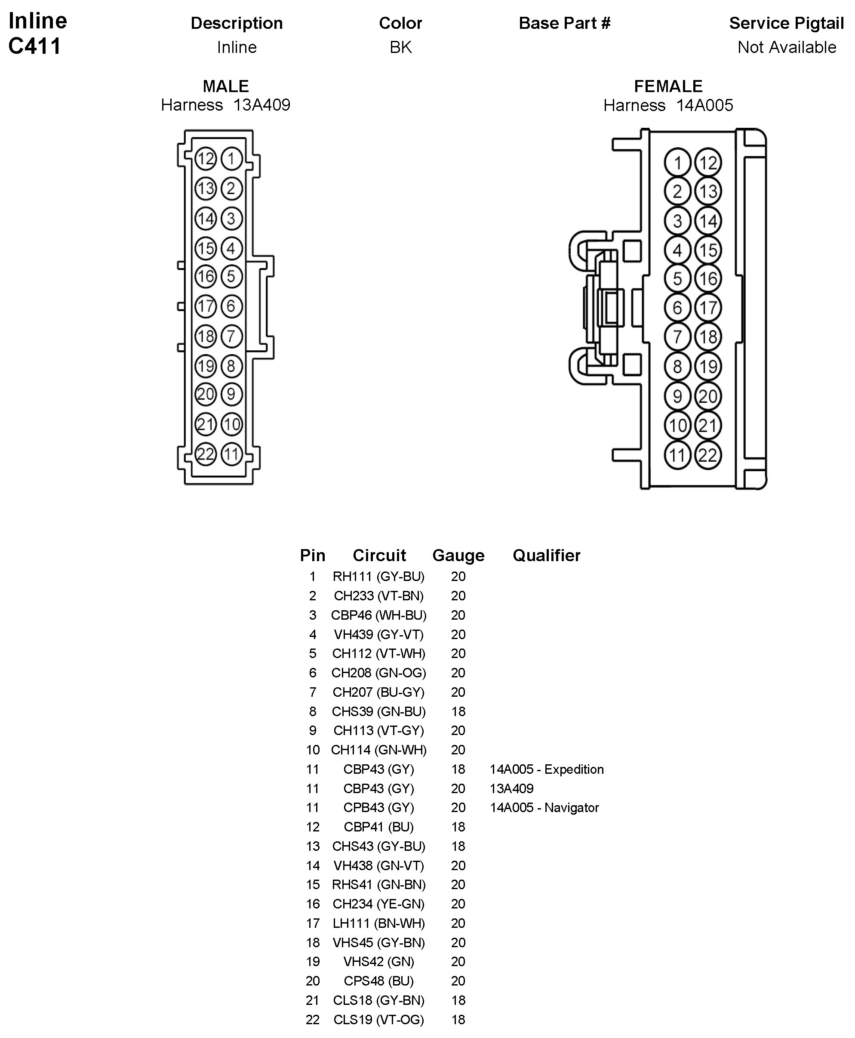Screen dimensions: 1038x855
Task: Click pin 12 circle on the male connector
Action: point(206,159)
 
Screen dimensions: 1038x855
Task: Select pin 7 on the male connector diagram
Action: point(231,336)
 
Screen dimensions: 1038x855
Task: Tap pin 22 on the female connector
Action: point(708,455)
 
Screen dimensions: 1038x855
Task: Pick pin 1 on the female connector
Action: point(678,163)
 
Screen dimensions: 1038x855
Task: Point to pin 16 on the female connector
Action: point(708,279)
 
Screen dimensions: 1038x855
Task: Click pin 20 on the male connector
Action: point(206,394)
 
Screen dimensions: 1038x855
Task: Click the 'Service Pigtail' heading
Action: point(786,23)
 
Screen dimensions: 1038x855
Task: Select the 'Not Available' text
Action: point(787,47)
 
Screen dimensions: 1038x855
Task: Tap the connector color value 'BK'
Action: point(400,47)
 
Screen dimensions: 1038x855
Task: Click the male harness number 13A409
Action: point(261,105)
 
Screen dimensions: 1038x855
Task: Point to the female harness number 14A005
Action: point(704,105)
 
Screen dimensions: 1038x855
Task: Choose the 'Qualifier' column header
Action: point(546,556)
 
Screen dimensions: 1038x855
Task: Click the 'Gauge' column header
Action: point(458,556)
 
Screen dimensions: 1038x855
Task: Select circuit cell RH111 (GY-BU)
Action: point(378,576)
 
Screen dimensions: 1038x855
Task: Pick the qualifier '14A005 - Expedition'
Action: point(546,769)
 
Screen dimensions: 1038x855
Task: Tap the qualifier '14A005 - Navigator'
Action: point(544,807)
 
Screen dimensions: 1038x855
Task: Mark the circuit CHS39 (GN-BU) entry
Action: point(378,711)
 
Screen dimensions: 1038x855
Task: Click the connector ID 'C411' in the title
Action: point(34,46)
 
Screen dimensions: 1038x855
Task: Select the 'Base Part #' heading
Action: point(564,23)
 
